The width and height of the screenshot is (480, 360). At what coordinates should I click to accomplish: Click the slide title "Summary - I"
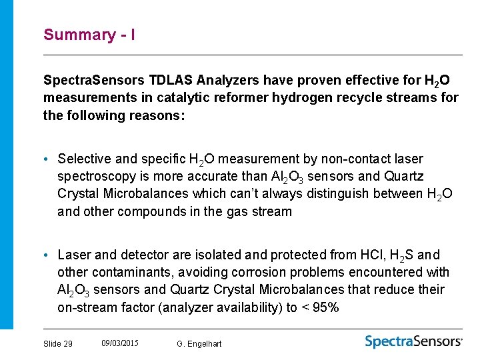coord(89,35)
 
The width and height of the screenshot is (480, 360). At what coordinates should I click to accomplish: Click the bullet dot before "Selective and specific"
coord(48,159)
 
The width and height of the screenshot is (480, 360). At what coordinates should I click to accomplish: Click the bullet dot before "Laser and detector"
coord(48,255)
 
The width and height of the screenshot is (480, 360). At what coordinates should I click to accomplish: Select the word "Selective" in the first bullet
coord(85,159)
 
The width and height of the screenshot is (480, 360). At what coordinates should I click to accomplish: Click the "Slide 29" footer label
coord(58,344)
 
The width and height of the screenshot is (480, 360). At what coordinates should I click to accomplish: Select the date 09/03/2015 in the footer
coord(120,343)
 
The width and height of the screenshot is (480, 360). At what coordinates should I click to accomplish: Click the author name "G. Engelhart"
coord(199,344)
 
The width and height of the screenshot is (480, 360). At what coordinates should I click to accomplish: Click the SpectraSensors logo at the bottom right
coord(413,341)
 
